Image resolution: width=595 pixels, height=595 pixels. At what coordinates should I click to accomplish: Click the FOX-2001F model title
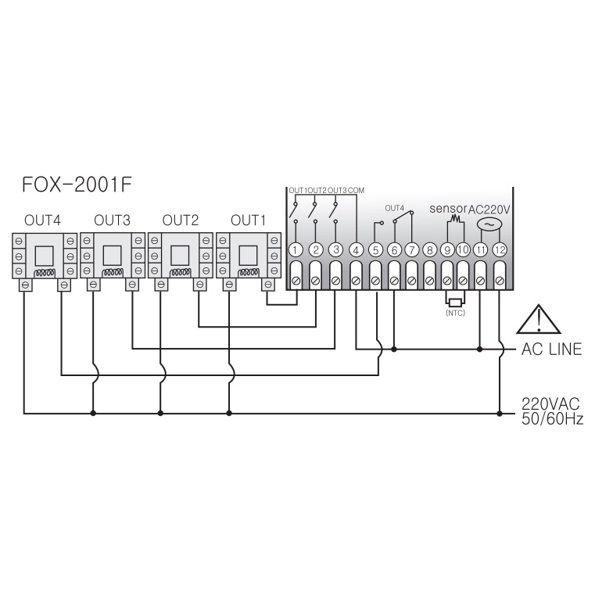[77, 185]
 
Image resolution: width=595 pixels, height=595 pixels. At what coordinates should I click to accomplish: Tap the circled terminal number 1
[296, 250]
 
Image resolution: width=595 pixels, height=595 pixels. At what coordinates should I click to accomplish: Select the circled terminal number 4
[356, 250]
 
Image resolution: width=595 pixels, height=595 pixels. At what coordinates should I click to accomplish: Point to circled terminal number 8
[429, 250]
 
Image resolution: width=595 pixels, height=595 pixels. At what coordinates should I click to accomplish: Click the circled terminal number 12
[500, 250]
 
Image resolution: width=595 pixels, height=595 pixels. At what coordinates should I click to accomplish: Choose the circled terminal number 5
[375, 250]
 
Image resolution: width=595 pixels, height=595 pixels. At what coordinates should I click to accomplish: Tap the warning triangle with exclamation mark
[539, 319]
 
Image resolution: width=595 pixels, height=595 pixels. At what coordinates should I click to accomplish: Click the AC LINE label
[551, 349]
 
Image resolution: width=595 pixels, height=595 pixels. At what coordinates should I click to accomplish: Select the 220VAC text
[550, 403]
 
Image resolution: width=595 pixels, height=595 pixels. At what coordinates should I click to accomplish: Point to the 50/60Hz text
[552, 418]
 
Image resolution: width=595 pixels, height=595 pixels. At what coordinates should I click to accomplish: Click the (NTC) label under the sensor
[455, 313]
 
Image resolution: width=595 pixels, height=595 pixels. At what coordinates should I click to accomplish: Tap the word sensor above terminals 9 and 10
[448, 208]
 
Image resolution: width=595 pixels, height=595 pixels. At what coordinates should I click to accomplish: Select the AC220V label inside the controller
[489, 210]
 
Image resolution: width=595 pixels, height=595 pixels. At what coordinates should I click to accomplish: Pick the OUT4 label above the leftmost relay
[42, 220]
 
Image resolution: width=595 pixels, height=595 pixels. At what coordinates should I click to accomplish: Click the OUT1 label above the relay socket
[248, 220]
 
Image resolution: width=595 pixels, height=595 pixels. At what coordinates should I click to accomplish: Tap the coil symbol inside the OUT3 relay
[113, 272]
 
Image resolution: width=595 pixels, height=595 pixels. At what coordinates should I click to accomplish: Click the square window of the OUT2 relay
[180, 256]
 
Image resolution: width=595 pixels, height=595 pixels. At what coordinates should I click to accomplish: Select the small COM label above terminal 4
[356, 190]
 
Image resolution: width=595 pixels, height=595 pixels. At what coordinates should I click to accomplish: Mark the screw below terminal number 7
[412, 281]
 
